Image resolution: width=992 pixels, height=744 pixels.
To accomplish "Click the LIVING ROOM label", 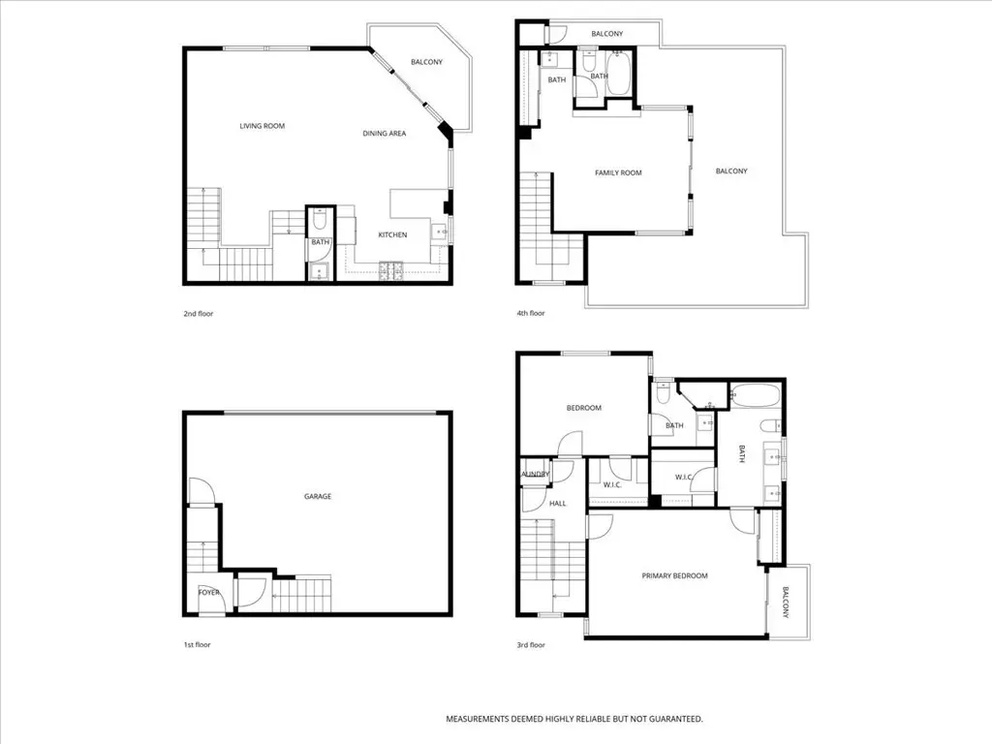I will click(x=262, y=126).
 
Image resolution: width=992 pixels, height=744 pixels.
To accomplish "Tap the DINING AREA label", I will click(x=384, y=134).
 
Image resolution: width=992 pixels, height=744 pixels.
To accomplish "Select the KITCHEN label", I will click(x=392, y=235).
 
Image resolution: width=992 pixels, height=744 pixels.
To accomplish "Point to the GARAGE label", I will click(x=318, y=496).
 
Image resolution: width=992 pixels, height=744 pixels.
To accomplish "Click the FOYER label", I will click(x=209, y=592).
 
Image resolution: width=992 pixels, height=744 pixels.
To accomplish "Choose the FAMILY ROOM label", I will click(x=618, y=173).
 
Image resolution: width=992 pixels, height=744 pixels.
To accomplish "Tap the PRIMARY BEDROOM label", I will click(x=674, y=575).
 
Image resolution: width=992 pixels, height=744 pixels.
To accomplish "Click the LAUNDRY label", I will click(x=535, y=474).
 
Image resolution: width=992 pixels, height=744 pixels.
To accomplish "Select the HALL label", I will click(x=558, y=504).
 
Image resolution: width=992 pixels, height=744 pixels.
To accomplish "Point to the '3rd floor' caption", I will click(x=531, y=644).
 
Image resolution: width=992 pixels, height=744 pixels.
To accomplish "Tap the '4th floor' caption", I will click(x=531, y=314).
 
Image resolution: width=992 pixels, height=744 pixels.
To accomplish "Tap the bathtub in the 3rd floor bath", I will click(x=755, y=396).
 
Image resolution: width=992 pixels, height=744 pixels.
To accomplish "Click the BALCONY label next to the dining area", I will click(x=426, y=63).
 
